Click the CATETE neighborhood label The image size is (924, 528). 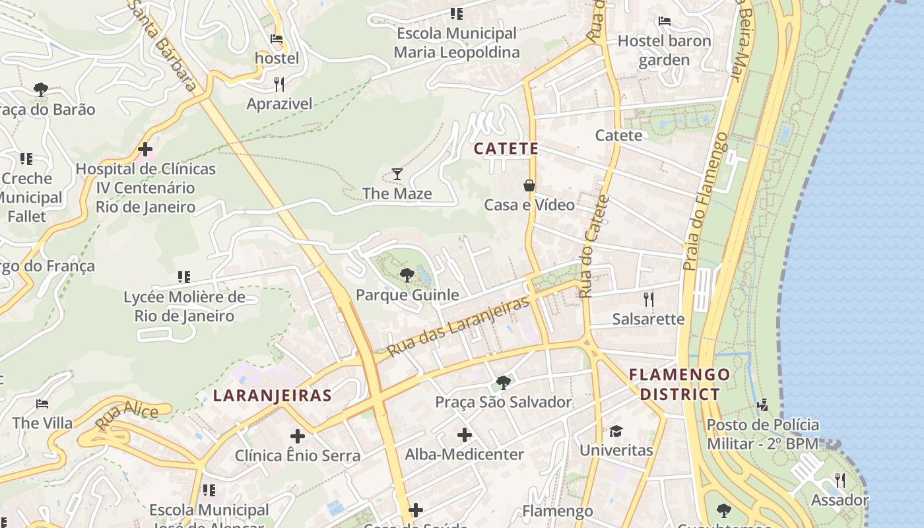(506, 149)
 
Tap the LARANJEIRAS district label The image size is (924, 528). (272, 395)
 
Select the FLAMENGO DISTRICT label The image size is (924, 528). (674, 385)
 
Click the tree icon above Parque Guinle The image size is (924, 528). (407, 275)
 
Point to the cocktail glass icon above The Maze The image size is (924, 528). (397, 174)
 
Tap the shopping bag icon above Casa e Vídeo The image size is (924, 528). (529, 185)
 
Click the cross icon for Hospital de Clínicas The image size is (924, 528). (145, 150)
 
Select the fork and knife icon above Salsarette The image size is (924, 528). (649, 300)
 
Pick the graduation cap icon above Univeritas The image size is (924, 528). (616, 432)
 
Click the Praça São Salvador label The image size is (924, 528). (504, 402)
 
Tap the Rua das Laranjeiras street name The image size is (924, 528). (458, 327)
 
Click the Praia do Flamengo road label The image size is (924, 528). (704, 202)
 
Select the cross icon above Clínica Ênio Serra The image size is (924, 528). (298, 436)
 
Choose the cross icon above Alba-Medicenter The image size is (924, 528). (465, 435)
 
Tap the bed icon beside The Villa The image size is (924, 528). (42, 404)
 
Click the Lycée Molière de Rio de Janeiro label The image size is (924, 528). (184, 306)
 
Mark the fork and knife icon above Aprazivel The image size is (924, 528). (279, 84)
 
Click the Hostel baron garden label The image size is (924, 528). (664, 50)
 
